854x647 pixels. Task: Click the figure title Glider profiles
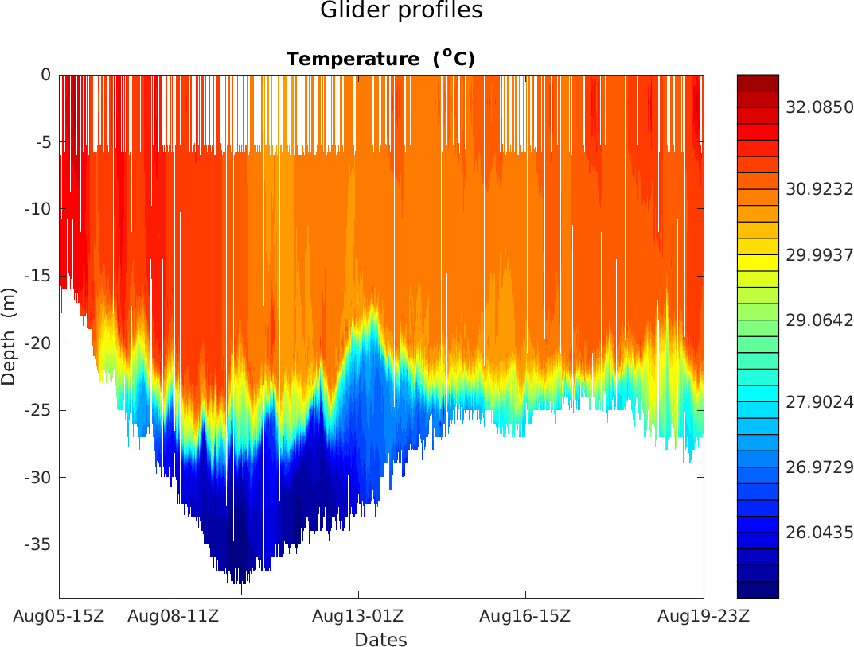(401, 11)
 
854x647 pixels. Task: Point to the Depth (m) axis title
(9, 335)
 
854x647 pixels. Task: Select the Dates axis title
(380, 640)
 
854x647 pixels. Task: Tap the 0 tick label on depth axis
(46, 75)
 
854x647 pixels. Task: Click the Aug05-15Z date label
(59, 616)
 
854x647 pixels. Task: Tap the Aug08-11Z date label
(174, 616)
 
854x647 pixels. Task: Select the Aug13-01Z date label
(357, 616)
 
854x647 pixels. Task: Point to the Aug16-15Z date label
(524, 616)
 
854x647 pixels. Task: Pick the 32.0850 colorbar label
(819, 107)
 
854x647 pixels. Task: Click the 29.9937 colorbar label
(819, 255)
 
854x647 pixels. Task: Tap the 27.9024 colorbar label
(819, 403)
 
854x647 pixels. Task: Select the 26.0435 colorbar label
(819, 532)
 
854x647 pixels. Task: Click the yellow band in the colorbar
(758, 262)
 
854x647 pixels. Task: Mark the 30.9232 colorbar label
(819, 189)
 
